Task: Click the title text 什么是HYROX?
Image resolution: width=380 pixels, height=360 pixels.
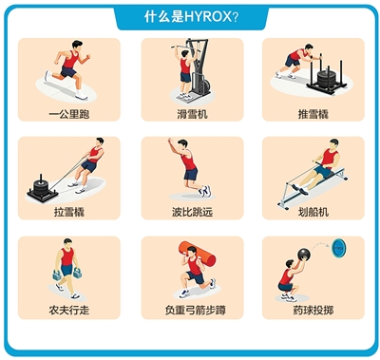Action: (x=191, y=16)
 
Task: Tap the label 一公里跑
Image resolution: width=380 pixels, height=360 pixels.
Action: (x=69, y=114)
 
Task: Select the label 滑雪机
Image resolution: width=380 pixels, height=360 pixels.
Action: (x=192, y=114)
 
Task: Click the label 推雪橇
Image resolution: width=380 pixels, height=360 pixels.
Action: (x=313, y=114)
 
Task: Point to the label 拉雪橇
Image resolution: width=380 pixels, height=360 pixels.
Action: (x=69, y=212)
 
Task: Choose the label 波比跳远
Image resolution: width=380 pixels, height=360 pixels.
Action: (x=192, y=212)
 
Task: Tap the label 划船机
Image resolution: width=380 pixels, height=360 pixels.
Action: (x=313, y=212)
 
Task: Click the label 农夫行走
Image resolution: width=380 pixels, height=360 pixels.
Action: (x=69, y=310)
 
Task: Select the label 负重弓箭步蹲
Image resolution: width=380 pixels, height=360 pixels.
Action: (x=195, y=310)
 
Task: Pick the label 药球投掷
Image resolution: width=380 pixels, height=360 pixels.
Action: (x=313, y=310)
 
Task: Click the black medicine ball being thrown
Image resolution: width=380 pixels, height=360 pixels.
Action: (x=304, y=255)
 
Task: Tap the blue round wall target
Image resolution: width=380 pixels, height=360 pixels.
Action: (x=338, y=248)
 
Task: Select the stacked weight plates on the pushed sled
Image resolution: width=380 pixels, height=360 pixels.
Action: (x=326, y=79)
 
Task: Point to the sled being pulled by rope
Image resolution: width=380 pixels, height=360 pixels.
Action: (x=42, y=190)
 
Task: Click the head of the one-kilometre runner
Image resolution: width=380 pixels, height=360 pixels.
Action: (x=77, y=45)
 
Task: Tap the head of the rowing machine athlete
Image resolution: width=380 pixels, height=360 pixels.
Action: (x=333, y=143)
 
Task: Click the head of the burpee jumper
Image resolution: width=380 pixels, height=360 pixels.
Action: (x=182, y=143)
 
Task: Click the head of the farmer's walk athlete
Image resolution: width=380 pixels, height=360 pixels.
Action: (x=67, y=242)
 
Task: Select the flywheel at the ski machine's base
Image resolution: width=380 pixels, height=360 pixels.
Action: (x=205, y=85)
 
